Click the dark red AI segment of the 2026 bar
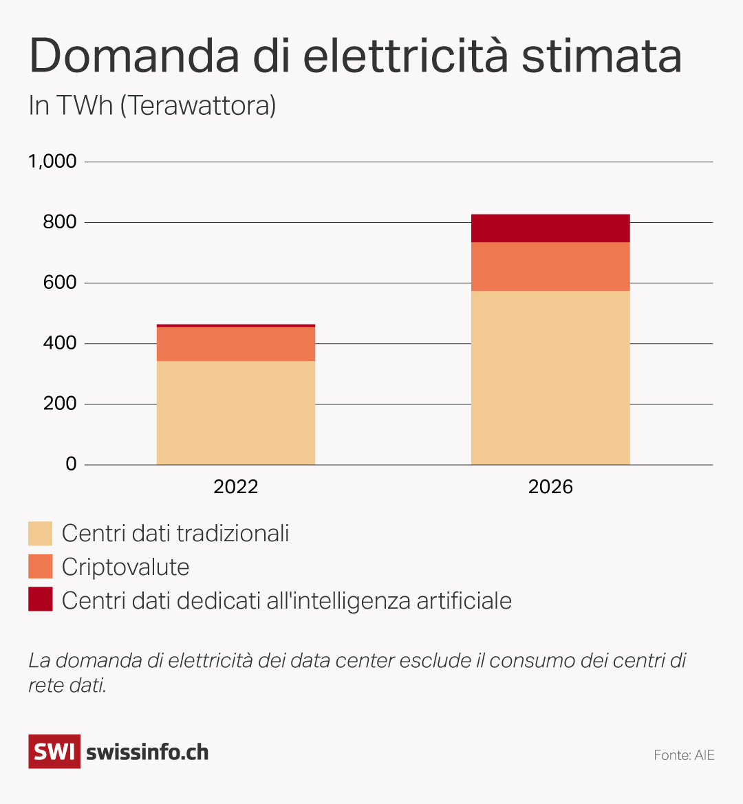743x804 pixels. coord(550,228)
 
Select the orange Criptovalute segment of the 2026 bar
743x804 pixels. coord(550,267)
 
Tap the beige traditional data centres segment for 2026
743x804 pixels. coord(550,378)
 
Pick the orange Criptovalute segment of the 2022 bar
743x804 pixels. coord(236,344)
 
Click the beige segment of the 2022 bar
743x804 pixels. coord(236,413)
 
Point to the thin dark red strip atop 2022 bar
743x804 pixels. coord(236,325)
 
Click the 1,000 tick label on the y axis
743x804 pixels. coord(52,162)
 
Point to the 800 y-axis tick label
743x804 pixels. coord(60,222)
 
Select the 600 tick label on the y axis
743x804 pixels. coord(60,283)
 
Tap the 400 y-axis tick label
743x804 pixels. coord(60,343)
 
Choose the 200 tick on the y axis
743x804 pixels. coord(60,404)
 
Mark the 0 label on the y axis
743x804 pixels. coord(71,464)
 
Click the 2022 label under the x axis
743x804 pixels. coord(236,487)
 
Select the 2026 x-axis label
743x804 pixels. coord(550,487)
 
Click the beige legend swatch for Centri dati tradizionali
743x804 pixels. coord(40,534)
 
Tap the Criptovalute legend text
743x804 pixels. coord(125,567)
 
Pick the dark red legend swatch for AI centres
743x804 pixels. coord(40,600)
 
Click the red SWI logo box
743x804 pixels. coord(54,751)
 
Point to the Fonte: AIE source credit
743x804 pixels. coord(684,755)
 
